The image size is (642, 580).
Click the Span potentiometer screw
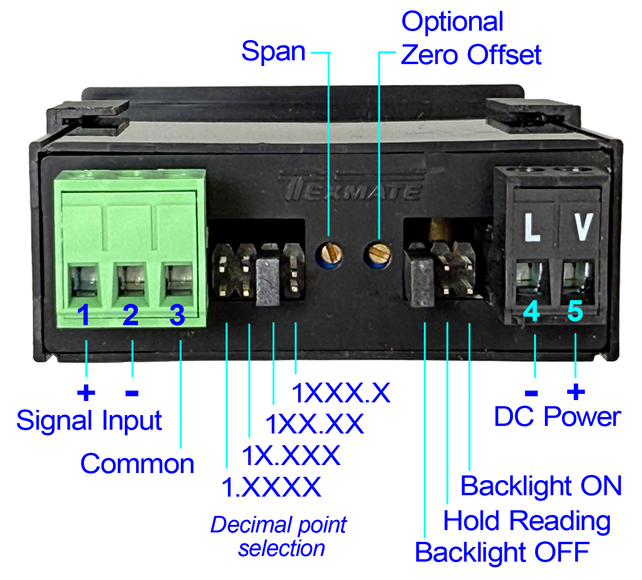[329, 254]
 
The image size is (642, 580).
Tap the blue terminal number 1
[84, 315]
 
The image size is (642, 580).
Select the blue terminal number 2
[130, 315]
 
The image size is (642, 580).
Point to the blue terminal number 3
[177, 315]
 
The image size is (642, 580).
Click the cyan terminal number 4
[531, 311]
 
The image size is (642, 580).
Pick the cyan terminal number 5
[575, 311]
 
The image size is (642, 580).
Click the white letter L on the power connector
[532, 228]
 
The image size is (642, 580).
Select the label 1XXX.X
[341, 393]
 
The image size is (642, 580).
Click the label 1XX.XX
[314, 424]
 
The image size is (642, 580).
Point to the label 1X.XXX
[291, 456]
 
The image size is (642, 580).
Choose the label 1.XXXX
[271, 487]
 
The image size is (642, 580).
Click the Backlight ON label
[541, 486]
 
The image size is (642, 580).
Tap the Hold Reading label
[527, 521]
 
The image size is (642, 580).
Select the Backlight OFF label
[502, 552]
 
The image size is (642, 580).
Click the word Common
[137, 464]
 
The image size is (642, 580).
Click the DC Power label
[557, 417]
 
